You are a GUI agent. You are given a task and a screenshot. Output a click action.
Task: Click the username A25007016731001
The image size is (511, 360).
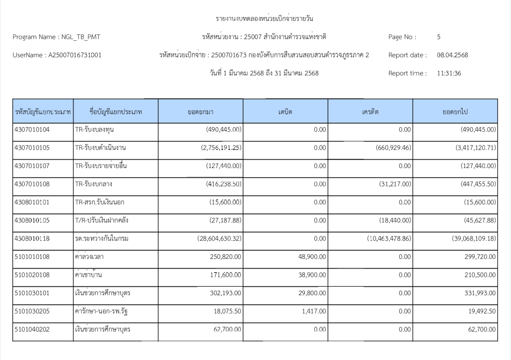(x=75, y=55)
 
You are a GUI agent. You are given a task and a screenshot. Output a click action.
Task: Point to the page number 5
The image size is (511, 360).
(x=439, y=37)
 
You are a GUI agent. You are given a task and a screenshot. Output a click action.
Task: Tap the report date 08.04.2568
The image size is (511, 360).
(x=452, y=55)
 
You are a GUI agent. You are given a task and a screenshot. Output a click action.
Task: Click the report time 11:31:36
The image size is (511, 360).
(x=449, y=73)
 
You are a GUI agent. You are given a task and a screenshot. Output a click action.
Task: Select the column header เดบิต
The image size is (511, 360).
(x=285, y=112)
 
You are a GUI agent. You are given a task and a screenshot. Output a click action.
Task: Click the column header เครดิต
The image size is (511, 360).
(x=370, y=112)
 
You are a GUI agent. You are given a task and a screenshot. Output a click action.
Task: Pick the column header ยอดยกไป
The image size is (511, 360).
(x=455, y=112)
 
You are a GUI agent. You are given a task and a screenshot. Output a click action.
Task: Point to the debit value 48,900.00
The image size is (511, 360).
(x=312, y=257)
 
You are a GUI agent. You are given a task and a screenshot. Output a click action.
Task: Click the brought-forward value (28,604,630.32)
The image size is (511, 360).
(x=220, y=239)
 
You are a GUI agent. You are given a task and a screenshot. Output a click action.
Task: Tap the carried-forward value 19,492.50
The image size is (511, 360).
(x=480, y=312)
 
